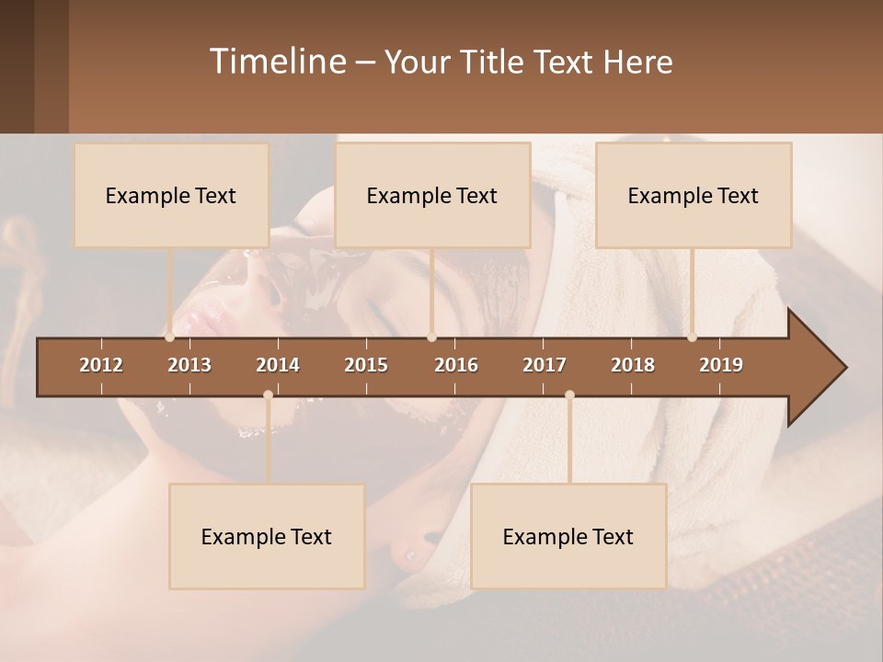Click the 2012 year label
101,365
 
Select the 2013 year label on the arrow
189,365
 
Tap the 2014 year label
278,365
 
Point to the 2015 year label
366,365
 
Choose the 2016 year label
456,365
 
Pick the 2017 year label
545,365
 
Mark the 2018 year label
633,365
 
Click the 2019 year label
721,365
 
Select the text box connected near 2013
171,195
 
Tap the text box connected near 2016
432,195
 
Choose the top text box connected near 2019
694,195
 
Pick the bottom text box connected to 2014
267,536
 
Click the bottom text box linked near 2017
568,536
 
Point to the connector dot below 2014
268,394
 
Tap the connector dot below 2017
569,394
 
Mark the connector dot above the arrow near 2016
431,337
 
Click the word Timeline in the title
277,62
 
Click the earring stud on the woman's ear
407,554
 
